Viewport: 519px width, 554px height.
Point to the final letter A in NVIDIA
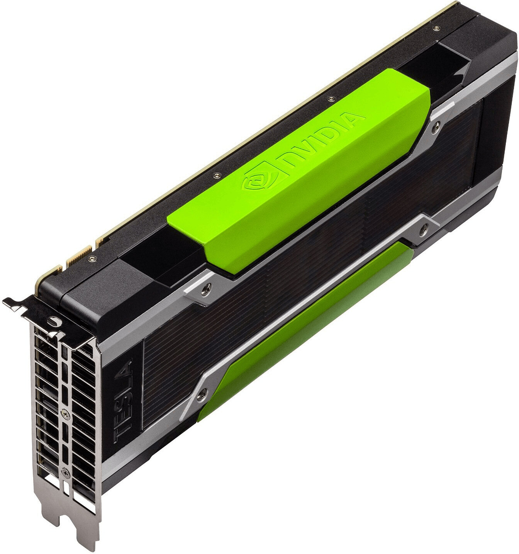pyautogui.click(x=354, y=117)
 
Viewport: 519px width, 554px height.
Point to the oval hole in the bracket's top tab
pyautogui.click(x=54, y=320)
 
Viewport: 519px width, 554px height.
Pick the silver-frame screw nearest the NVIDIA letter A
pyautogui.click(x=437, y=126)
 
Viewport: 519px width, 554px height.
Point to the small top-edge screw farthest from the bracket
pyautogui.click(x=436, y=28)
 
